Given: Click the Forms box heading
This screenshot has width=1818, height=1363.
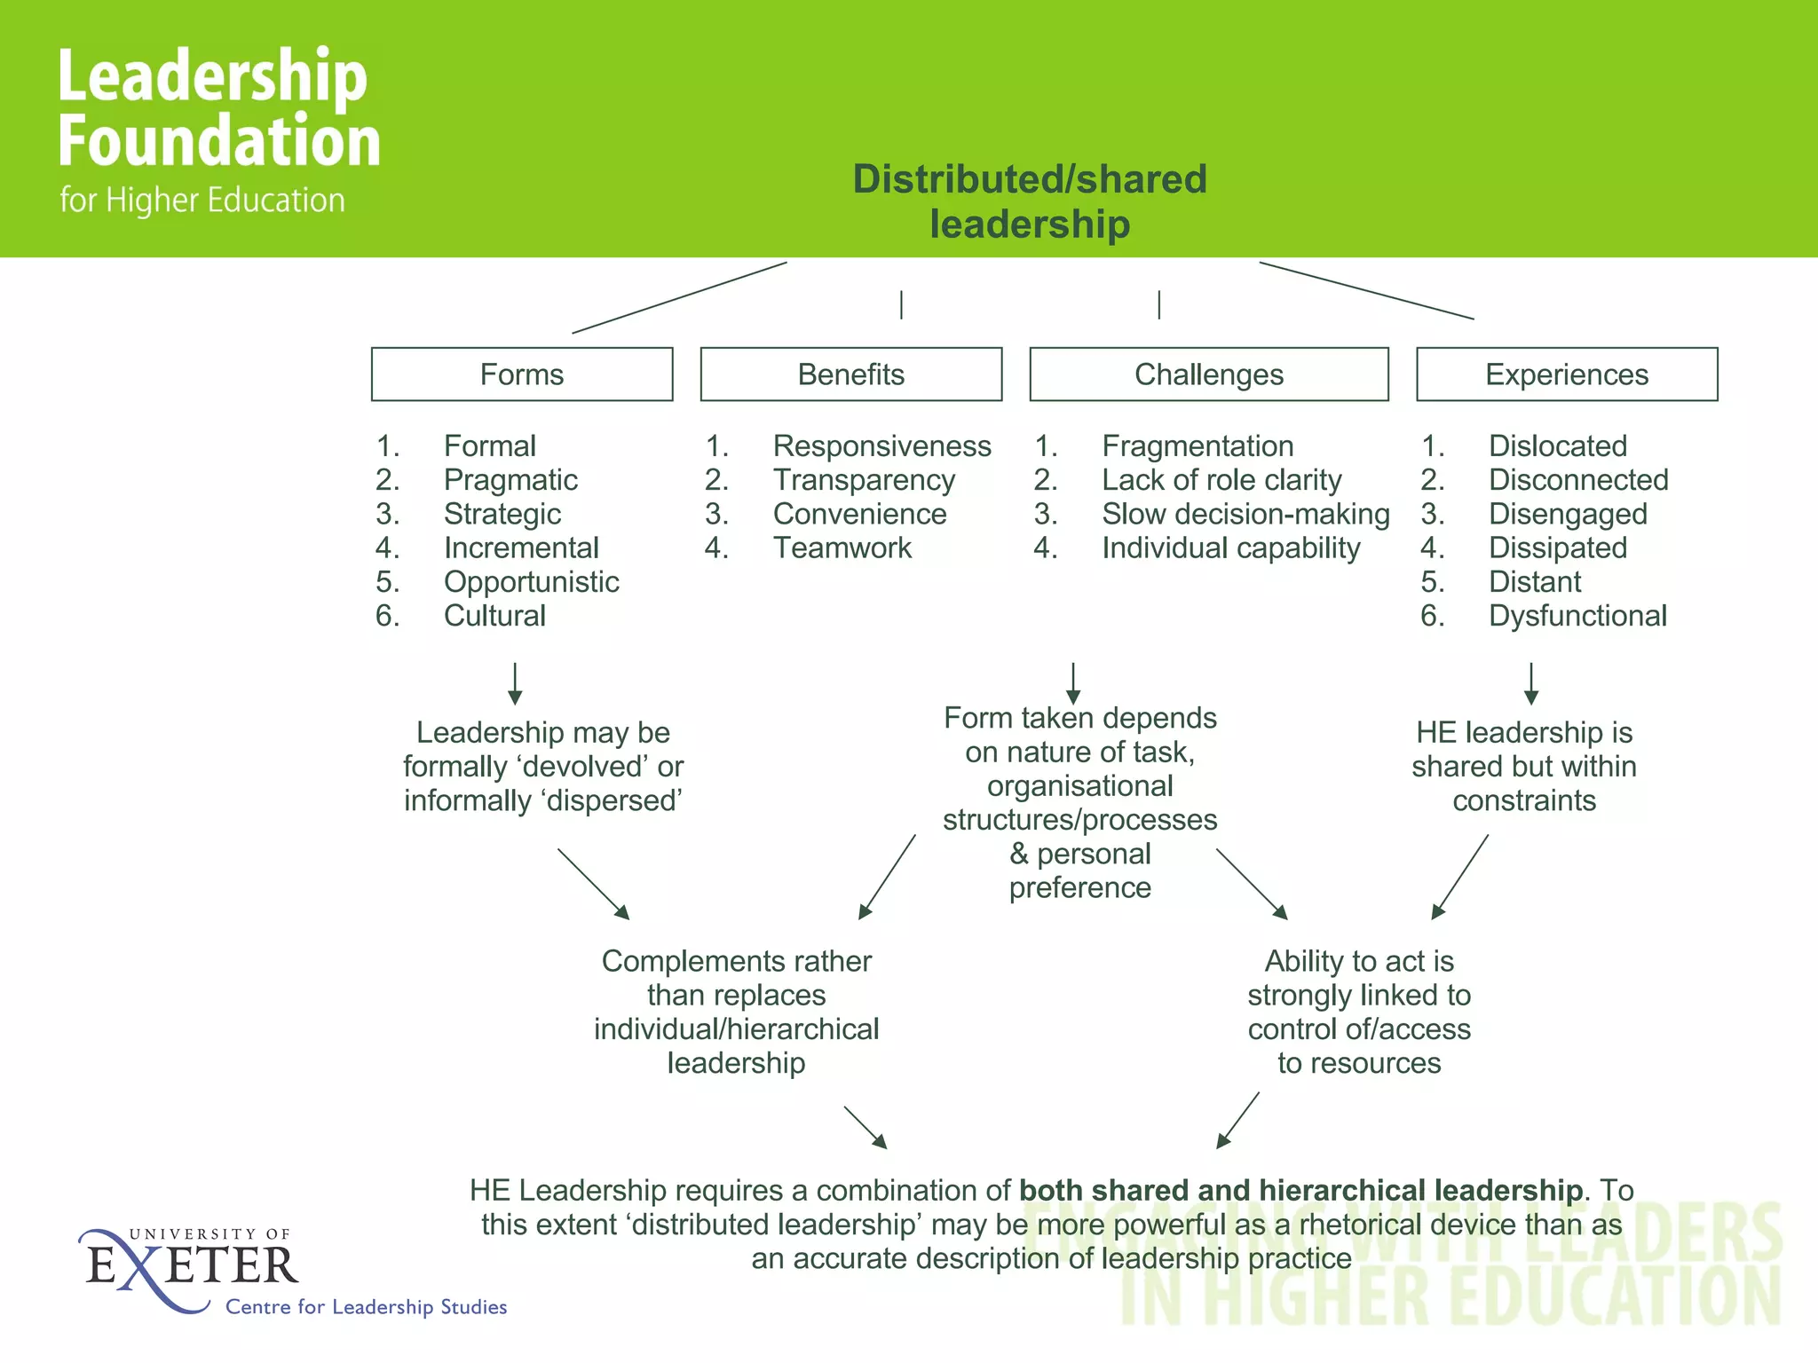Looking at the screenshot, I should pyautogui.click(x=522, y=374).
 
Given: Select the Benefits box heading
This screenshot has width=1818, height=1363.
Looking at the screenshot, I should pyautogui.click(x=850, y=374).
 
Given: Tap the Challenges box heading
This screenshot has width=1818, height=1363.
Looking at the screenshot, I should pyautogui.click(x=1208, y=374).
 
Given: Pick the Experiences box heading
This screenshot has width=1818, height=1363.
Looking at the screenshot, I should pyautogui.click(x=1567, y=374).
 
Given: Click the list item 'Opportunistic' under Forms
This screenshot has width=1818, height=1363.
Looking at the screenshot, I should pyautogui.click(x=531, y=582).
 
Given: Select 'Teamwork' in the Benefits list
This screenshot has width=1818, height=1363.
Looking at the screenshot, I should pyautogui.click(x=842, y=548).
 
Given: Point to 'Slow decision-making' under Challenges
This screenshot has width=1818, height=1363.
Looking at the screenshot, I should pyautogui.click(x=1245, y=515).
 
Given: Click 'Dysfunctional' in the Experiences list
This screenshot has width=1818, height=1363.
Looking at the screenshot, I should pyautogui.click(x=1577, y=616).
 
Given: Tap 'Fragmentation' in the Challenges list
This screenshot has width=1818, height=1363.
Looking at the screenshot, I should pyautogui.click(x=1198, y=446).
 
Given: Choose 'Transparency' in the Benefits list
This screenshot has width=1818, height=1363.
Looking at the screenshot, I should pyautogui.click(x=864, y=480).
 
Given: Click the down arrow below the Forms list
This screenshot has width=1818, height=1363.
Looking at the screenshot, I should pyautogui.click(x=515, y=683).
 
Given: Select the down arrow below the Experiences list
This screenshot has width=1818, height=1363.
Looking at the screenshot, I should pyautogui.click(x=1531, y=683).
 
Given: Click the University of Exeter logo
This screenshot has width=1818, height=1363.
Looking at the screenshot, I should pyautogui.click(x=191, y=1267).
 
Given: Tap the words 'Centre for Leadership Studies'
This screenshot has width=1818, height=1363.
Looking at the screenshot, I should pyautogui.click(x=366, y=1307).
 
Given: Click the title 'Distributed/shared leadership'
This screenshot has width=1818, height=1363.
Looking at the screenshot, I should pyautogui.click(x=1030, y=201).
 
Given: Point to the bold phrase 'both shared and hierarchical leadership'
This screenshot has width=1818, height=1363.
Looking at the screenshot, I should pyautogui.click(x=1300, y=1190).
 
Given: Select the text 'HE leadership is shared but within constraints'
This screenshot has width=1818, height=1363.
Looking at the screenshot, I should pyautogui.click(x=1524, y=767).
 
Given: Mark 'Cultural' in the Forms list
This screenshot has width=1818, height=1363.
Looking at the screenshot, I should pyautogui.click(x=494, y=616).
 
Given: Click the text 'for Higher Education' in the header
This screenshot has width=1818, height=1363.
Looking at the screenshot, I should pyautogui.click(x=202, y=201).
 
